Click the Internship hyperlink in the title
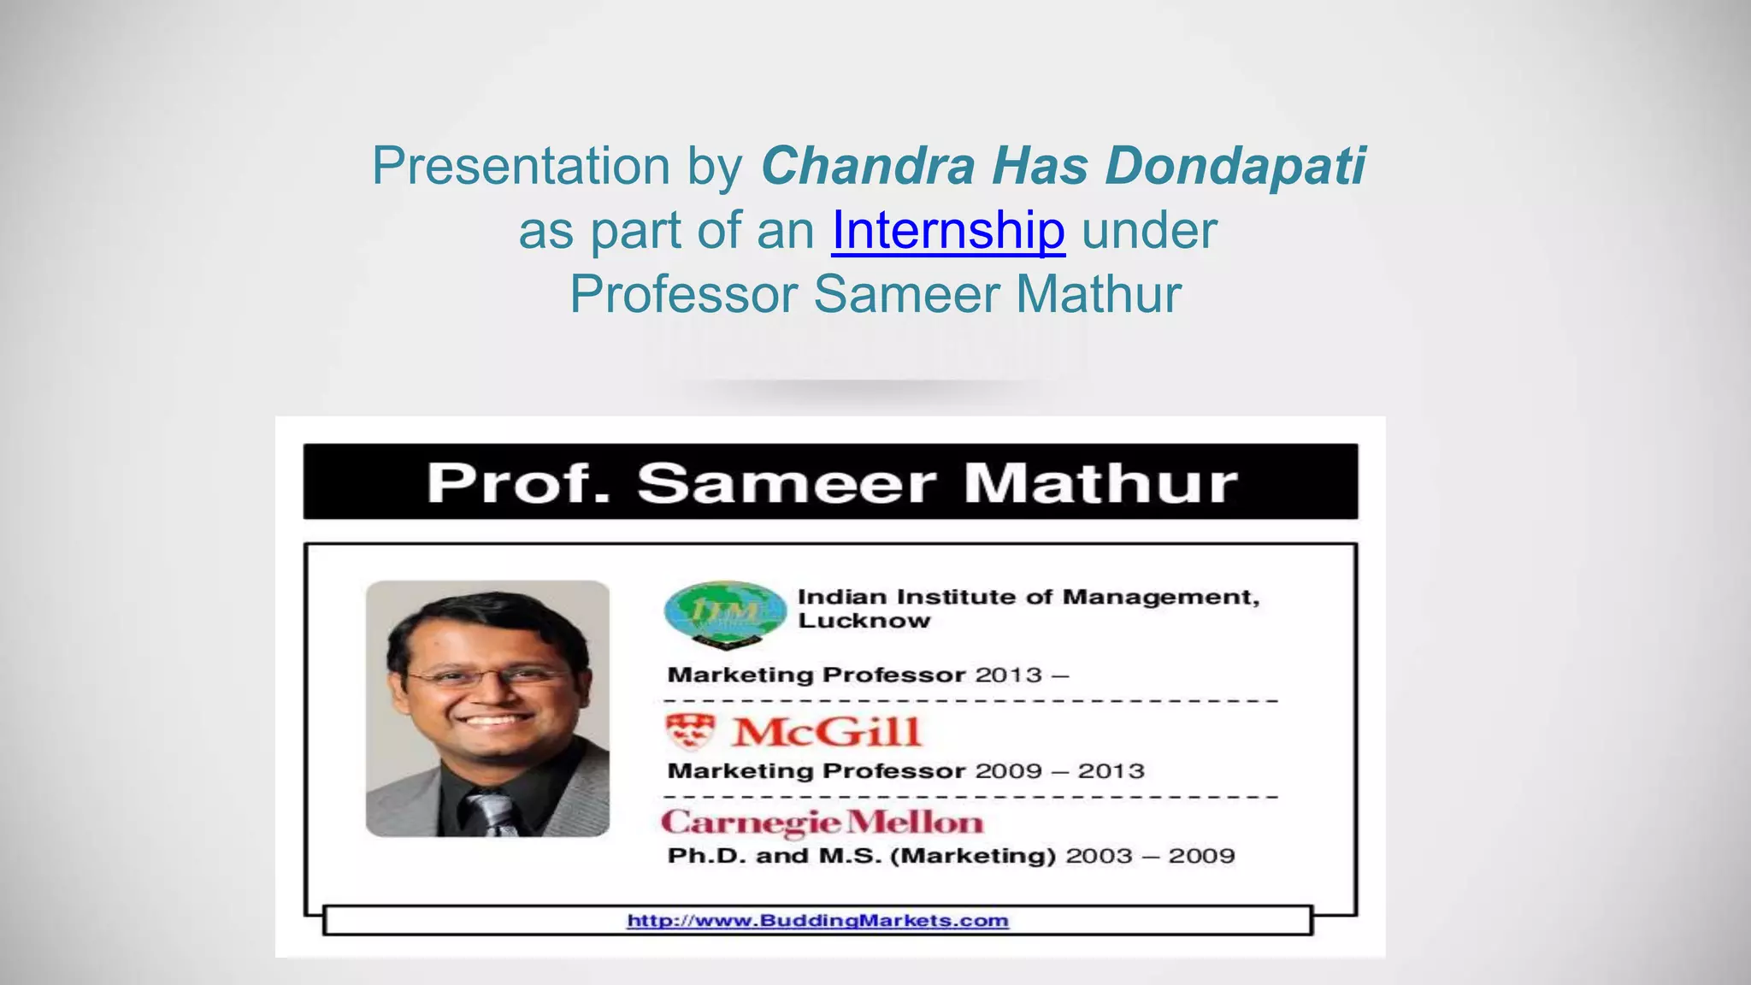point(947,230)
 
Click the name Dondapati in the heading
point(1235,165)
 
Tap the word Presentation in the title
point(521,165)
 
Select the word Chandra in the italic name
point(867,165)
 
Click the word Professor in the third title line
point(683,294)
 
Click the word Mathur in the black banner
point(1100,483)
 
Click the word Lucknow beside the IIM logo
point(864,622)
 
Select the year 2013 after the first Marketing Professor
point(1009,675)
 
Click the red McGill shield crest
point(690,731)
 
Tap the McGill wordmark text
point(826,732)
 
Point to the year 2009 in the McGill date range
point(1009,771)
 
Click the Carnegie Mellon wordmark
point(822,823)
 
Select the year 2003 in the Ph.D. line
point(1099,856)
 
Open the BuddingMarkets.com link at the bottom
point(817,921)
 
